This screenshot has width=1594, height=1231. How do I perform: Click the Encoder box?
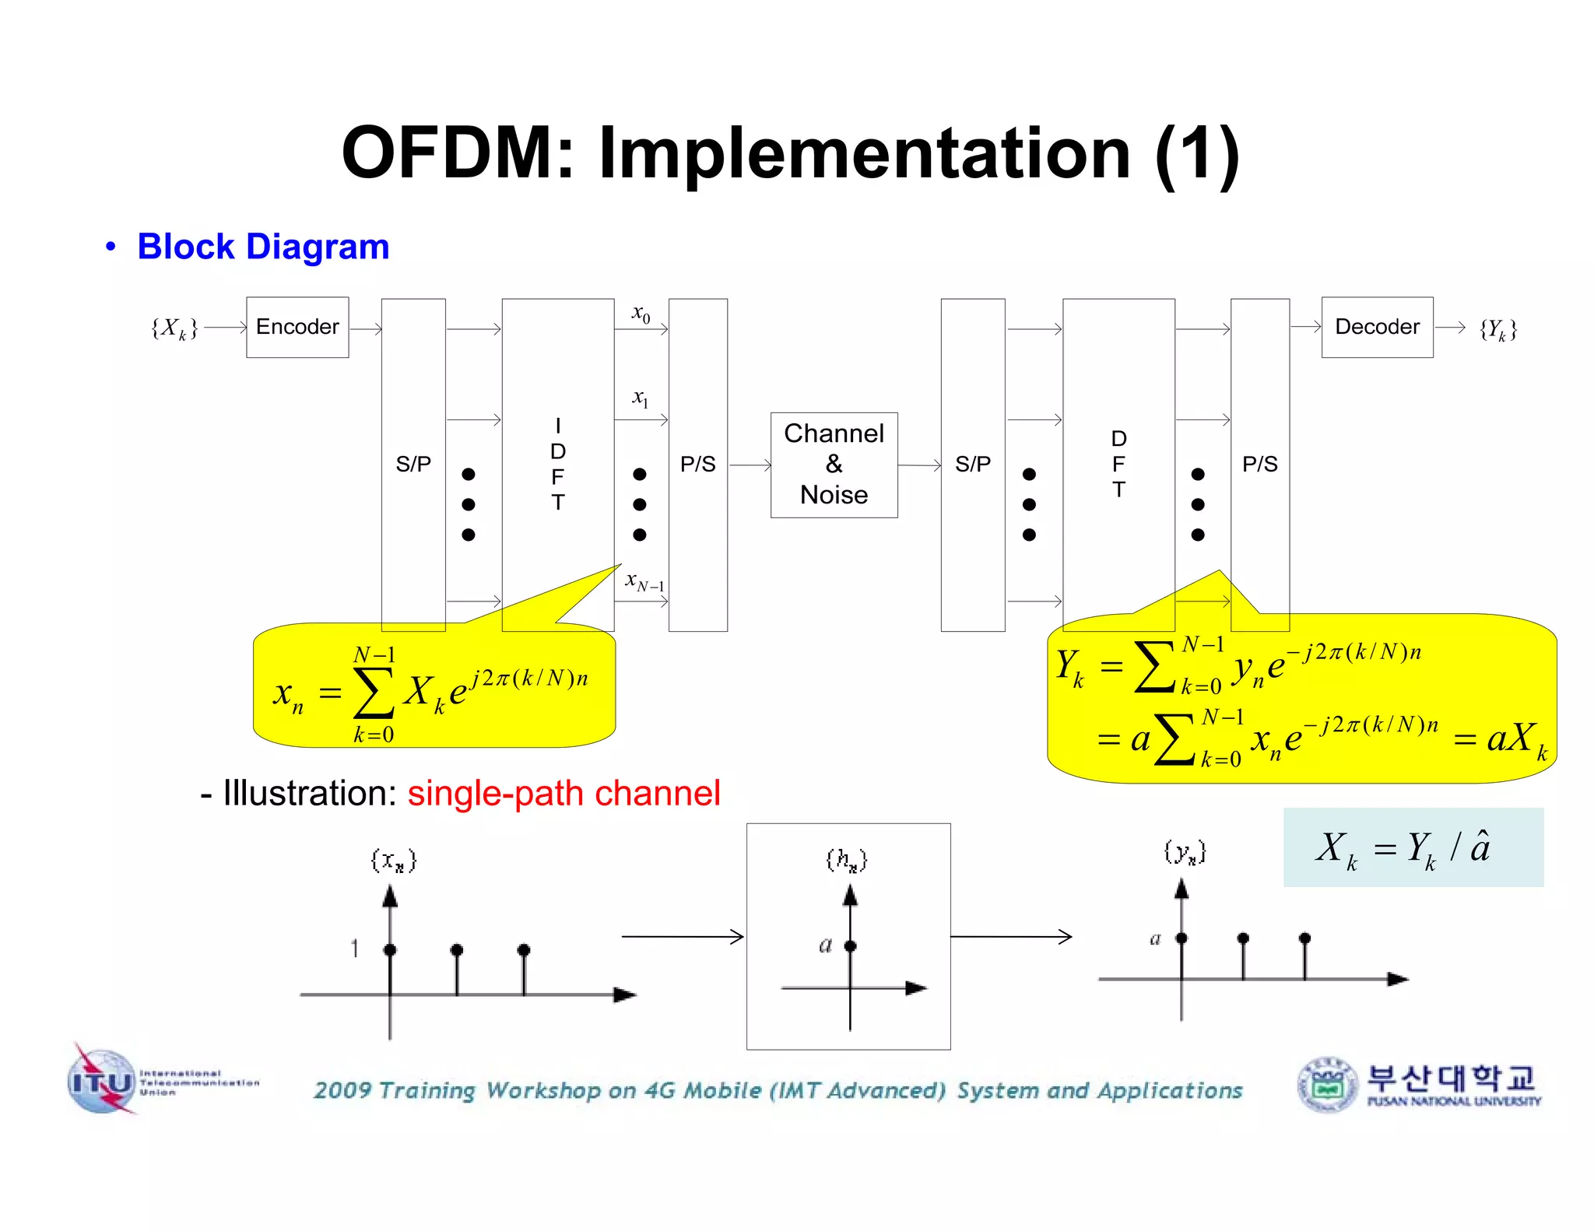pyautogui.click(x=297, y=327)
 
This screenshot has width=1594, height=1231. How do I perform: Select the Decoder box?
pyautogui.click(x=1377, y=327)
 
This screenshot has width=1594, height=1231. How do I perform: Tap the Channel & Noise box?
pyautogui.click(x=834, y=465)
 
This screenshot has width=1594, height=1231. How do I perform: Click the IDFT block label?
pyautogui.click(x=557, y=464)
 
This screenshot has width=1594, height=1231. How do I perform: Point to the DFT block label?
pyautogui.click(x=1118, y=464)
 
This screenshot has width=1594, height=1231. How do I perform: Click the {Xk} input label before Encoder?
pyautogui.click(x=174, y=328)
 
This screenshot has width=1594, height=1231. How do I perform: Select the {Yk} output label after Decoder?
pyautogui.click(x=1497, y=329)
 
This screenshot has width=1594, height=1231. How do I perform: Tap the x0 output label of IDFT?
pyautogui.click(x=641, y=314)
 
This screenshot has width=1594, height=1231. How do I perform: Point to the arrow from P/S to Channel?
pyautogui.click(x=750, y=465)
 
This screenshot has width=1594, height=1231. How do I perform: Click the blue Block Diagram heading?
pyautogui.click(x=263, y=247)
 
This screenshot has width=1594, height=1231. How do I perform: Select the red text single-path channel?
pyautogui.click(x=564, y=794)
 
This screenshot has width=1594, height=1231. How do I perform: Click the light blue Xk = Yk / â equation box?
pyautogui.click(x=1413, y=847)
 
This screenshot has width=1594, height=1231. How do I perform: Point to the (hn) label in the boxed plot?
pyautogui.click(x=846, y=860)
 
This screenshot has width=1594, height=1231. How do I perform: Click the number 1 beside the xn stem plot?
pyautogui.click(x=354, y=948)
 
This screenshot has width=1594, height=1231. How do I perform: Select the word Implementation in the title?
pyautogui.click(x=864, y=153)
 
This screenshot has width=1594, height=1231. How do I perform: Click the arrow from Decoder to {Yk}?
pyautogui.click(x=1449, y=328)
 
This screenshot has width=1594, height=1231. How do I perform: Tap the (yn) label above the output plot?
pyautogui.click(x=1185, y=852)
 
